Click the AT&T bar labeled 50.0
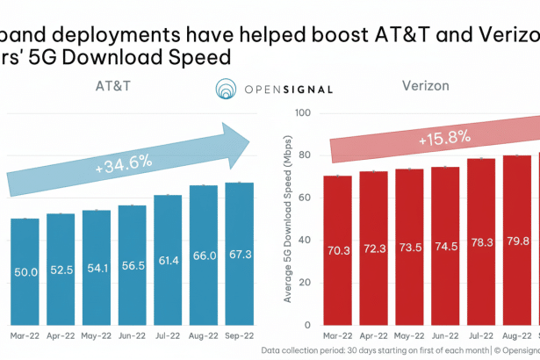point(25,272)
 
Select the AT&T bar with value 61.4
point(169,260)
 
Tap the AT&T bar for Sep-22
point(240,254)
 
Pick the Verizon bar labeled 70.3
point(337,250)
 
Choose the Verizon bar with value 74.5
point(445,246)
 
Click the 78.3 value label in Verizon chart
point(481,250)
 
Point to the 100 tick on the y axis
point(304,112)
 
